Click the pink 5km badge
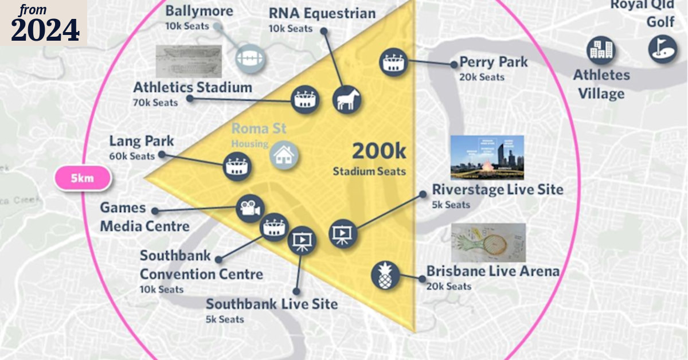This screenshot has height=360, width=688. point(83,179)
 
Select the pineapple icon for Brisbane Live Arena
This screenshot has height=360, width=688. point(385,276)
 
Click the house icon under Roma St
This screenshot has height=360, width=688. point(283,155)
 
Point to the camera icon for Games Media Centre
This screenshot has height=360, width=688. point(249,209)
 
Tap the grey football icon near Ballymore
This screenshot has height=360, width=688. point(251,58)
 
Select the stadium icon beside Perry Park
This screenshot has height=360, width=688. point(393,62)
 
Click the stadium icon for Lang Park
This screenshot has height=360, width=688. point(237,167)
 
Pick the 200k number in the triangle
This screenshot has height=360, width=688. point(378,151)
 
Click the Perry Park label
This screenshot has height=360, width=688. point(493,62)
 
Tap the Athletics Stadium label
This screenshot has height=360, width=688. point(193,88)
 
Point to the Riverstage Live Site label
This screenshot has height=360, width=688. point(498,189)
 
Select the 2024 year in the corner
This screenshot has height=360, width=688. point(45,30)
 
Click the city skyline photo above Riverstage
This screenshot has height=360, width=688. point(487,158)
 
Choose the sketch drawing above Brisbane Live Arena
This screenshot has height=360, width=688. point(488,242)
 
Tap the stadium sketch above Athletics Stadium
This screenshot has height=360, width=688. point(188,61)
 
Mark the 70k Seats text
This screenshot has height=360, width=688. point(155,103)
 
